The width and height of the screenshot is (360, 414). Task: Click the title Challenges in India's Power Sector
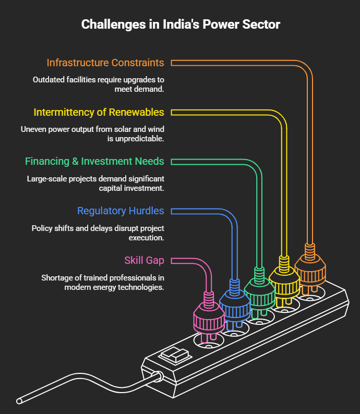click(181, 25)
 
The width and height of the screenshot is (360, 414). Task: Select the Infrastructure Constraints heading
click(105, 63)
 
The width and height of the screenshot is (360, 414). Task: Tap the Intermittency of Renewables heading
click(99, 113)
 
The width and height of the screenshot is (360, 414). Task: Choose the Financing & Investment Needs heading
click(94, 161)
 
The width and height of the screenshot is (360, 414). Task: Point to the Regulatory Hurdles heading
click(121, 211)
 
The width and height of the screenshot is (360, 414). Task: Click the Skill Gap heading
click(144, 261)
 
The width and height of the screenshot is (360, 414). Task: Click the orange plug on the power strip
click(310, 270)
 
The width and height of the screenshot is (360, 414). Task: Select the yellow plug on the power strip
click(284, 281)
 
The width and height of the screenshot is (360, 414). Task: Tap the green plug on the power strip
click(259, 293)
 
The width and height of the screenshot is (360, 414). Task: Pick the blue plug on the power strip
click(235, 305)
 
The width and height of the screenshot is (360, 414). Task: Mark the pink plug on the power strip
click(209, 318)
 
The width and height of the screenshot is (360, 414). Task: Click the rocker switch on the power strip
click(175, 356)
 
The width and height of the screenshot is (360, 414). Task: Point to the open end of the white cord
click(19, 401)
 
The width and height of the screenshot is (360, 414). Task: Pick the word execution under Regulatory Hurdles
click(146, 238)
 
